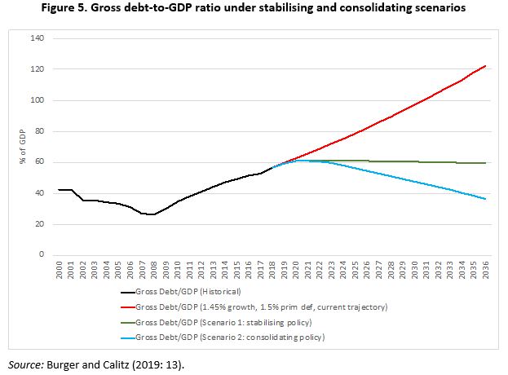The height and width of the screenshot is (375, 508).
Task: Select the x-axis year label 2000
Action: click(x=60, y=271)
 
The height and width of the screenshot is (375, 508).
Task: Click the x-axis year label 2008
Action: click(x=155, y=271)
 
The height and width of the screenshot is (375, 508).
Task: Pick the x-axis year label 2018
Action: click(x=273, y=271)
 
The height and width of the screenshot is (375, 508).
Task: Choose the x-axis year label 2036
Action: click(x=486, y=271)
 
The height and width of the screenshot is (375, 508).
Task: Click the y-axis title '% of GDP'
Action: click(x=22, y=147)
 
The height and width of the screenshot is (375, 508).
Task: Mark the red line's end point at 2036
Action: click(x=486, y=66)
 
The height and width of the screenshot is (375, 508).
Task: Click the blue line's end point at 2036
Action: click(x=486, y=199)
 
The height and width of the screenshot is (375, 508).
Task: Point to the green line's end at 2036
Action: click(x=486, y=163)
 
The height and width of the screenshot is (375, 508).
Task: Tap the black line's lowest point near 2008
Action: click(x=152, y=215)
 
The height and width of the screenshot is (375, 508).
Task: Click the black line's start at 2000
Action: click(x=59, y=190)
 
